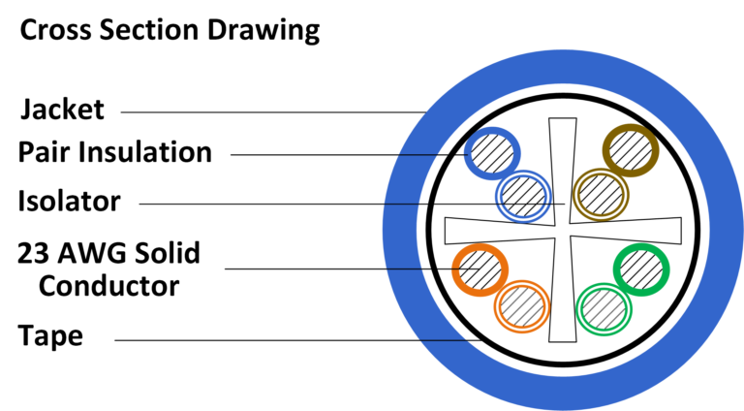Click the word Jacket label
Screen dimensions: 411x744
[62, 109]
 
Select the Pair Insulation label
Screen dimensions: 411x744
[114, 152]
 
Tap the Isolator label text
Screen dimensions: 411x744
[69, 202]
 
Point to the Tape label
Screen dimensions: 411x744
[50, 337]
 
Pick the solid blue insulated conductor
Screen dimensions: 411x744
[492, 154]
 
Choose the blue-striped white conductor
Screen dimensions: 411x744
[522, 196]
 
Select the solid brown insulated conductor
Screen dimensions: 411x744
[631, 150]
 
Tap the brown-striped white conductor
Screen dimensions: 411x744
[598, 195]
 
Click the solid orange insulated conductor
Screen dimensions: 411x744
[479, 269]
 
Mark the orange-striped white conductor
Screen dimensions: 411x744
[521, 308]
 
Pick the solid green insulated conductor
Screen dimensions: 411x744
[642, 269]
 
